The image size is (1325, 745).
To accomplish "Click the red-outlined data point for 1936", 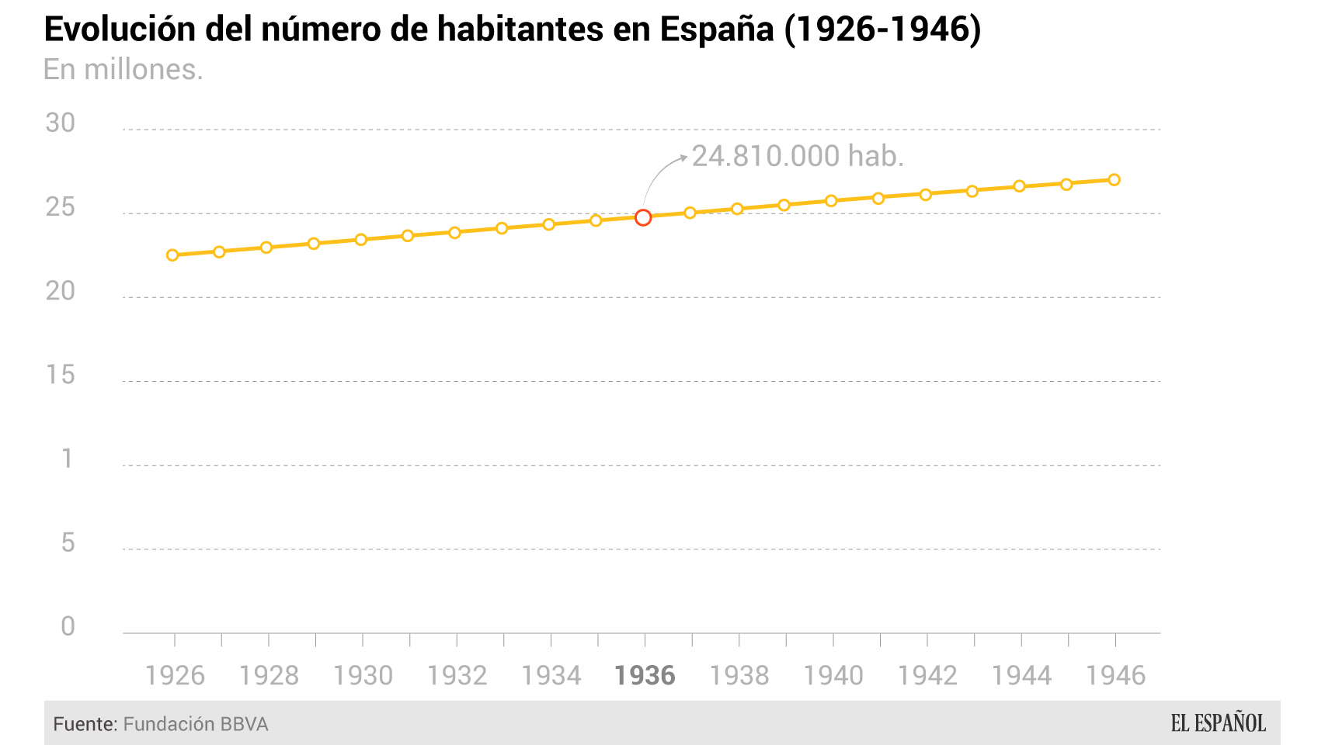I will click(643, 217).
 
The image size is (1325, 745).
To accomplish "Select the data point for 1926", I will click(172, 255).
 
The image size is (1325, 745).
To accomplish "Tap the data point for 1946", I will click(1114, 179).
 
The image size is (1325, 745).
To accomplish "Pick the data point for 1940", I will click(831, 201).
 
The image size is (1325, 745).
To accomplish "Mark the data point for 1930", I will click(360, 240).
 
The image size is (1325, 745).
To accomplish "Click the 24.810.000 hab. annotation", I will click(798, 156).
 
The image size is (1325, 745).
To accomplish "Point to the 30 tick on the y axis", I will click(61, 123).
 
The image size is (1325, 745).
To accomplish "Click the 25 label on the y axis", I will click(61, 207).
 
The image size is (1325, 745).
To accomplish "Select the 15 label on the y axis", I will click(61, 375).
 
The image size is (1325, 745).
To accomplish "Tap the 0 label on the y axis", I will click(68, 626).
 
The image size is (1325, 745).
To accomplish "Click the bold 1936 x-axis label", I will click(645, 676).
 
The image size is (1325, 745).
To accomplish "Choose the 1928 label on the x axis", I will click(269, 676).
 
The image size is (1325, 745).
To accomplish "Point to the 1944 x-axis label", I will click(1021, 676).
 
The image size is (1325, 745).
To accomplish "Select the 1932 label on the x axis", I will click(457, 676).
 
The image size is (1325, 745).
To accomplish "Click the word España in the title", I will click(717, 29).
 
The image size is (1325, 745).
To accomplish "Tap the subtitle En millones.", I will click(123, 70).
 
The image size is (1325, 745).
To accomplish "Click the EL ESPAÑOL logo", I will click(1218, 723).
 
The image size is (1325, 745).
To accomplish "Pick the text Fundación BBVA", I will click(196, 724).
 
